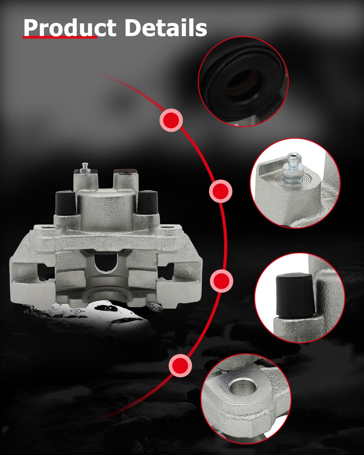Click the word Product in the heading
[x=70, y=28]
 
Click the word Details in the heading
[x=166, y=28]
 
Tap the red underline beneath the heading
[x=60, y=37]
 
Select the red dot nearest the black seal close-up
[x=171, y=120]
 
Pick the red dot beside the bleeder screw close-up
[x=221, y=191]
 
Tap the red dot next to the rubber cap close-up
[x=221, y=281]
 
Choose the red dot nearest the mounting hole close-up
[x=180, y=365]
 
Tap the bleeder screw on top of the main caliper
[x=85, y=169]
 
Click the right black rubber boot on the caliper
[x=147, y=203]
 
